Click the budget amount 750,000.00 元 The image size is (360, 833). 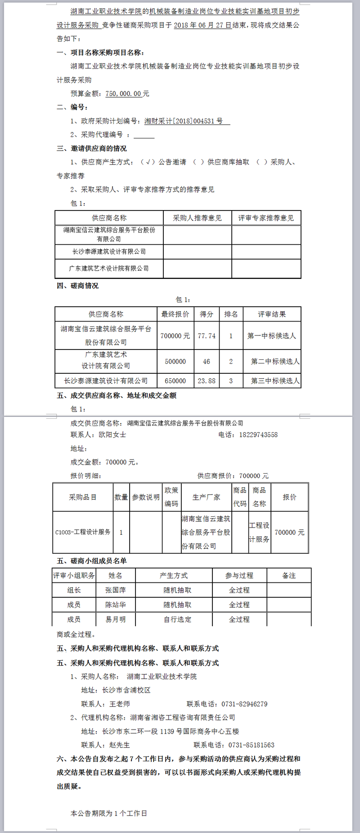[127, 94]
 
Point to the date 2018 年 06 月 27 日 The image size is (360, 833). [202, 25]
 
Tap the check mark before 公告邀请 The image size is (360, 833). [148, 162]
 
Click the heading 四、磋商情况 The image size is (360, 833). [77, 286]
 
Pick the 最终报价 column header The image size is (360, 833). [175, 314]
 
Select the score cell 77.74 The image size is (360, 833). [207, 336]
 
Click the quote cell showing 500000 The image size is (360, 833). [175, 361]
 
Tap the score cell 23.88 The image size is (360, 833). [207, 381]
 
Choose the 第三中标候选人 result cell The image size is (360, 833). [275, 381]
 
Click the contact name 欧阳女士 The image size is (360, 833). [112, 434]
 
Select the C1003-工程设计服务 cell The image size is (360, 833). [83, 532]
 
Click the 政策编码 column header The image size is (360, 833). [171, 497]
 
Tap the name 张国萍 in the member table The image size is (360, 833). [116, 590]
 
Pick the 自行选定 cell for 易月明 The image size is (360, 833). [177, 619]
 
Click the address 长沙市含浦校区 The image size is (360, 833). [126, 690]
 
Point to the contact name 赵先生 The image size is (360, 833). [119, 745]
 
